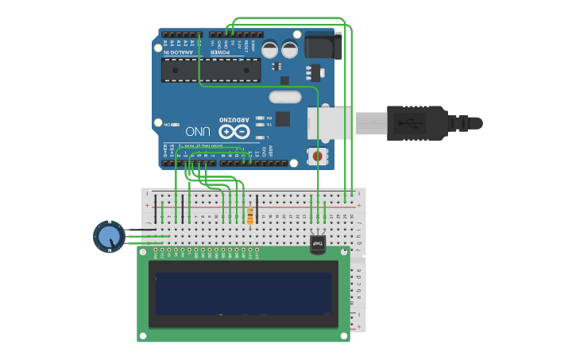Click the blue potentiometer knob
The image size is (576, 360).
click(108, 237)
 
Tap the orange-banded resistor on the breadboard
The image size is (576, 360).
click(251, 216)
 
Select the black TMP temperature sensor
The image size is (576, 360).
click(318, 243)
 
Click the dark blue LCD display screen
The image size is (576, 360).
click(243, 294)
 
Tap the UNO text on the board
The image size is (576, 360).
click(199, 131)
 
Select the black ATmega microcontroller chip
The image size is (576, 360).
click(211, 70)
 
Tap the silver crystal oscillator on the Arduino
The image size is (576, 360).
click(284, 98)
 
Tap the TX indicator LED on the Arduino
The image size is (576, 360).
click(259, 125)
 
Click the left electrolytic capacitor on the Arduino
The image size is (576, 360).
click(270, 49)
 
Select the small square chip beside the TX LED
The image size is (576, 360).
click(282, 119)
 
